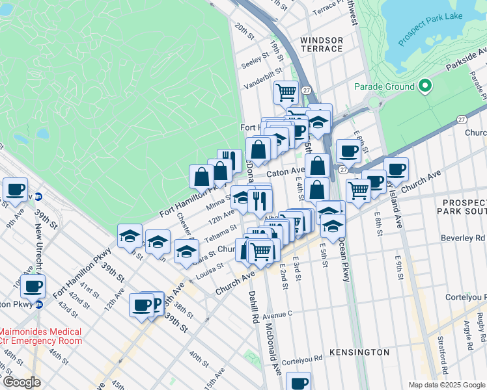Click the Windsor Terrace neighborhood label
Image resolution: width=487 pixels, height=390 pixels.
[x=321, y=44]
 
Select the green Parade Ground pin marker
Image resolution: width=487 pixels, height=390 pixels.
[x=425, y=86]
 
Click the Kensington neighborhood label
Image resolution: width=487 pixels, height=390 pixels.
[x=359, y=352]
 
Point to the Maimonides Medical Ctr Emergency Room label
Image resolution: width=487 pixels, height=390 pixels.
[x=40, y=335]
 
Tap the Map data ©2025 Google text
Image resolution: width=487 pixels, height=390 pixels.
[x=446, y=385]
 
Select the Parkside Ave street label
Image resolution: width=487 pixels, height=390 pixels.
[x=466, y=64]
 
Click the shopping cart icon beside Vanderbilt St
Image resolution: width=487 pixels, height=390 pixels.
[x=286, y=92]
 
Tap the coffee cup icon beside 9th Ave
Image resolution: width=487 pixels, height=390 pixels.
[x=15, y=190]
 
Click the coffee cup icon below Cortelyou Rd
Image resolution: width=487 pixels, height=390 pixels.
[x=299, y=383]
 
